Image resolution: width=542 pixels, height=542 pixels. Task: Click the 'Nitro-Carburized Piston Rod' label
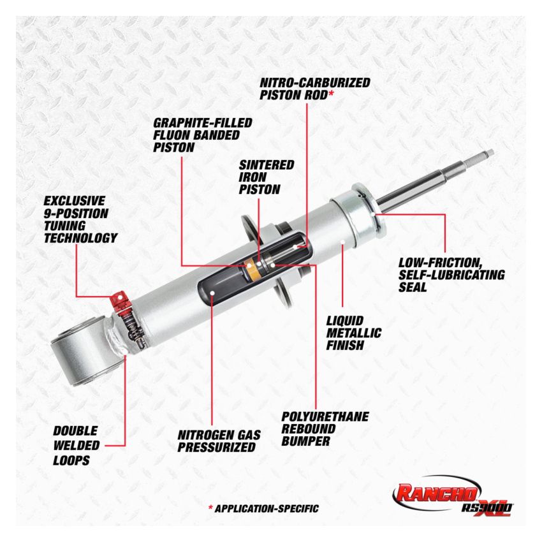314,88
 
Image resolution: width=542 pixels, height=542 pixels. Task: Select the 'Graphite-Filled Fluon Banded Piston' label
203,135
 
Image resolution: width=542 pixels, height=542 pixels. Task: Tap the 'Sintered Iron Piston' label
267,177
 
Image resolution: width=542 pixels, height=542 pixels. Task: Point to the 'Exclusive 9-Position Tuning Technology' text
80,219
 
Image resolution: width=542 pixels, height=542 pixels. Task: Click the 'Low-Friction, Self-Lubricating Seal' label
451,274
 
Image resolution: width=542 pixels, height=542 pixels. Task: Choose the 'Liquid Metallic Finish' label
353,333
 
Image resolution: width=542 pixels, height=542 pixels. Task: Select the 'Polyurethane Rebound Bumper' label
325,428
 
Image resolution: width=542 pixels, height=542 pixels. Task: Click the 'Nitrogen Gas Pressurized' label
219,441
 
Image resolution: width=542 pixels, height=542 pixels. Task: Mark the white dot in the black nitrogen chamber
211,293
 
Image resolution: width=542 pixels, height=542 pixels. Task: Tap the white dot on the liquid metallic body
343,242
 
